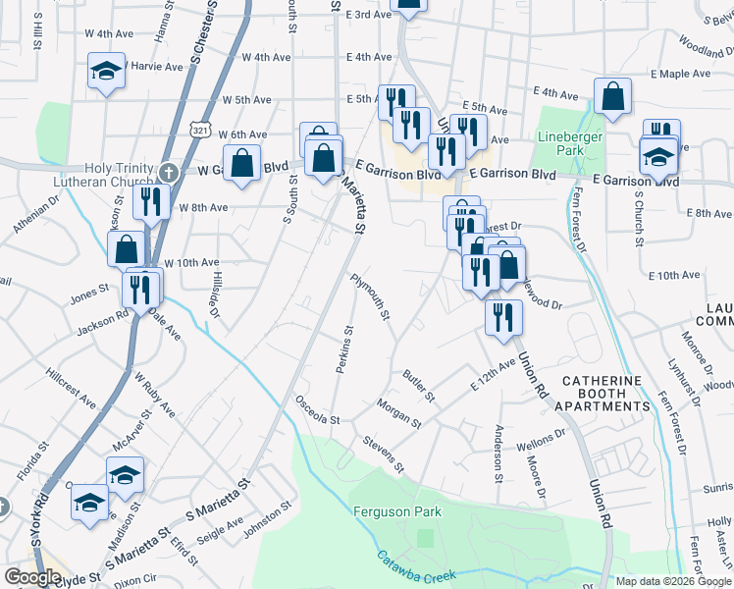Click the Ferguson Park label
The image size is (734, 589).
[x=397, y=511]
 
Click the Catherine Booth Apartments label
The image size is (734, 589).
[x=602, y=393]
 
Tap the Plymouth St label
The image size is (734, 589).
[x=372, y=296]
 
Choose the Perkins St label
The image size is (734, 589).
[x=342, y=349]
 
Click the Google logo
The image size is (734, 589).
[x=32, y=577]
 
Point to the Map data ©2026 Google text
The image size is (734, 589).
[x=673, y=581]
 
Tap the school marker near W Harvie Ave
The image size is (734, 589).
[x=106, y=72]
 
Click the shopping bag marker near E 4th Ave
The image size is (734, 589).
[x=612, y=97]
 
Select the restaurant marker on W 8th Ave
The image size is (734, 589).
[x=150, y=202]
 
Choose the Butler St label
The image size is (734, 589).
[x=418, y=386]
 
